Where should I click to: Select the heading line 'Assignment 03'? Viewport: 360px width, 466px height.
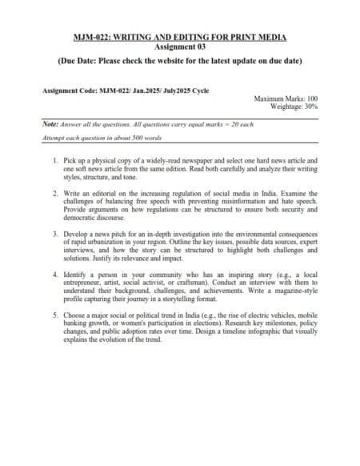(x=180, y=48)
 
